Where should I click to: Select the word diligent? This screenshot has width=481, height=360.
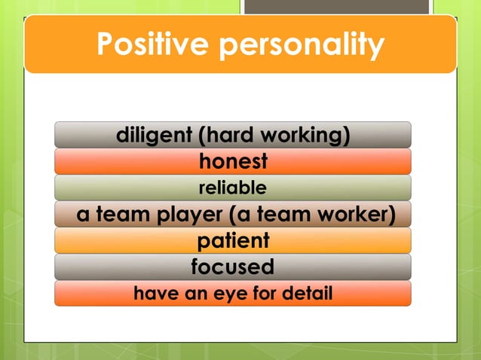pos(154,136)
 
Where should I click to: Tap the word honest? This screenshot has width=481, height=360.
pos(233,162)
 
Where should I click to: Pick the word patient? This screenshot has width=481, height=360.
pos(233,241)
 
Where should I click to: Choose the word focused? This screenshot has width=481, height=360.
pos(232,267)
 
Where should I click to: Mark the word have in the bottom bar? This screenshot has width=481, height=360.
pos(152,294)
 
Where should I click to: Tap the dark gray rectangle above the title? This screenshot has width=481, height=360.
pos(335,7)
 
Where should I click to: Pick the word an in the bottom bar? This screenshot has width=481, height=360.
pos(188,294)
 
